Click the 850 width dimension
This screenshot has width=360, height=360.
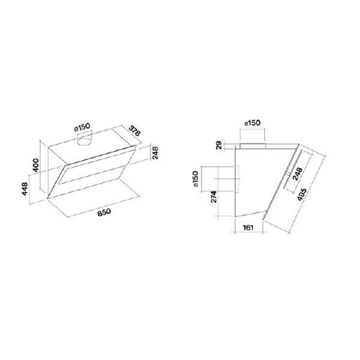tap(104, 212)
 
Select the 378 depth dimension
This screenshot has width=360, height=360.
tap(134, 131)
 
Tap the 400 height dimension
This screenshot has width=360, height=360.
tap(36, 165)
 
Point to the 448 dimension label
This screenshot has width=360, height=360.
tap(25, 189)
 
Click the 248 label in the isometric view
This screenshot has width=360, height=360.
tap(155, 152)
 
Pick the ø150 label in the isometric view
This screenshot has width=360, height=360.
tap(82, 127)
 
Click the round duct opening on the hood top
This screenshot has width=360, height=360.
tap(84, 142)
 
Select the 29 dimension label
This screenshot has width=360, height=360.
tap(219, 145)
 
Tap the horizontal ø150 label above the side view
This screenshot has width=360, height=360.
tap(253, 123)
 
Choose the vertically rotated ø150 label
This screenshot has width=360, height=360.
tap(196, 179)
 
